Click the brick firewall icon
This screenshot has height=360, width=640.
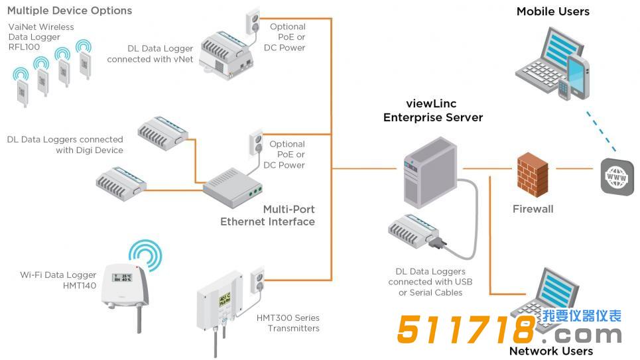532,174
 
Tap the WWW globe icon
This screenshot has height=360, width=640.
617,177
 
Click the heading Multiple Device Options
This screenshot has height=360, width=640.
70,11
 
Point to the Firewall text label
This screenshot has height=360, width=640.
533,210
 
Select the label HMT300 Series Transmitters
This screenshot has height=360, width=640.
288,323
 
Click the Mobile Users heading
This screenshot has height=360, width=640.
552,11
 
